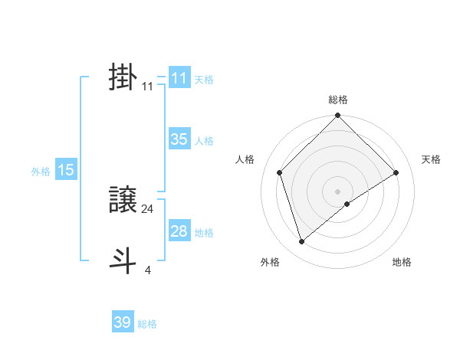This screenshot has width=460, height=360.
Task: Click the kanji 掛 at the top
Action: [123, 78]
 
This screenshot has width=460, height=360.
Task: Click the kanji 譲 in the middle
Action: [123, 201]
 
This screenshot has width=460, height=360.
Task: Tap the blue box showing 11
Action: [179, 78]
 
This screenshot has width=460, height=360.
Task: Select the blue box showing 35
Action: [179, 139]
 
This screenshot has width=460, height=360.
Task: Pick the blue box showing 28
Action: [179, 231]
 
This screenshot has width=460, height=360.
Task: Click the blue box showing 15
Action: [66, 170]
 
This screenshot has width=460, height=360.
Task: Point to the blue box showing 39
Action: [123, 322]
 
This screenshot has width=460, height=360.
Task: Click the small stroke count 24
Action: [148, 208]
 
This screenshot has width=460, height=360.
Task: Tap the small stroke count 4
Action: [148, 270]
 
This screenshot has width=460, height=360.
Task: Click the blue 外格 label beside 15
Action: [41, 172]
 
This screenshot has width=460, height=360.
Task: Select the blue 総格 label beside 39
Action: [147, 324]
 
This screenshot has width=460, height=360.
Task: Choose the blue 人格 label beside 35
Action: [204, 141]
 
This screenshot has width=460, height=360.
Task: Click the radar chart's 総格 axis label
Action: [338, 100]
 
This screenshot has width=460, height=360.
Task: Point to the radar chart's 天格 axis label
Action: [431, 159]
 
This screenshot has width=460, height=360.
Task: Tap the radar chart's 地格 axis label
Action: [402, 262]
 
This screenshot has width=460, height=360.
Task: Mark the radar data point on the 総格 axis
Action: [338, 116]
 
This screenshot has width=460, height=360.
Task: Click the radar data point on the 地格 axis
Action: [347, 204]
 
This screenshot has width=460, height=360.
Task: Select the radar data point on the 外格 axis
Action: [301, 241]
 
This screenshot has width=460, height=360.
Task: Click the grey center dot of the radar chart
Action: [338, 191]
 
